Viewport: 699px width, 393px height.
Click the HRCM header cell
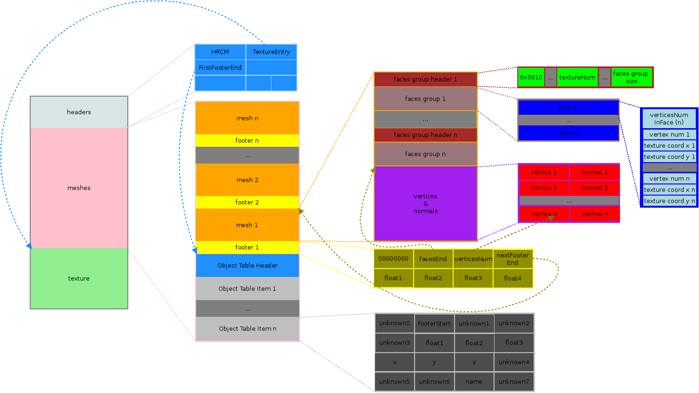point(220,52)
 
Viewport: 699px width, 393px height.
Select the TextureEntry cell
point(271,52)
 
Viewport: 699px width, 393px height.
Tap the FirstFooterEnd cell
point(220,68)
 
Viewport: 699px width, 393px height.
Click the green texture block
point(79,278)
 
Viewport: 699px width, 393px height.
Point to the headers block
point(79,112)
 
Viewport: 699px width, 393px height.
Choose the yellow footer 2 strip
point(247,203)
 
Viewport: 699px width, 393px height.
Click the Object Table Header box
point(247,266)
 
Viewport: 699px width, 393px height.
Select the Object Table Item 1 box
point(247,289)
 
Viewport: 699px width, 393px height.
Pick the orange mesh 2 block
point(247,180)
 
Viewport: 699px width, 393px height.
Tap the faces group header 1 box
point(425,79)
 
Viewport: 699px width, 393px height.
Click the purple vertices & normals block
point(425,203)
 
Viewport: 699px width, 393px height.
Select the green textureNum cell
point(577,78)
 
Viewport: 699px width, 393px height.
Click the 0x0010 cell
point(531,78)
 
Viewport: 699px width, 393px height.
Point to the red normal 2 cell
point(594,188)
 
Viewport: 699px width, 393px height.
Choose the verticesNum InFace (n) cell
point(669,119)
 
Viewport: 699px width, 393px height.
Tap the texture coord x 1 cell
point(669,146)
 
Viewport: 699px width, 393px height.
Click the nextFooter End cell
point(513,259)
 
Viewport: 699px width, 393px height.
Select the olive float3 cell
point(473,278)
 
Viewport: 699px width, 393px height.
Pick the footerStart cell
point(434,324)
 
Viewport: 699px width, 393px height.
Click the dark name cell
point(474,382)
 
